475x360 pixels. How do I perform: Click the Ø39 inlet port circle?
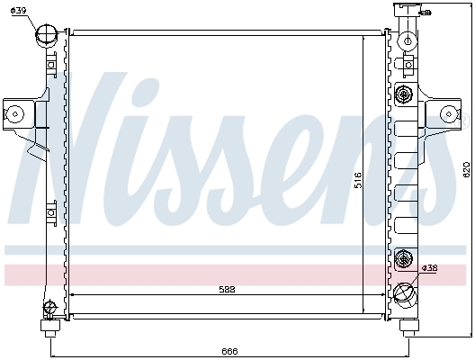(x=47, y=37)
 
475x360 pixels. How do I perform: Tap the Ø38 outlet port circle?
(x=405, y=293)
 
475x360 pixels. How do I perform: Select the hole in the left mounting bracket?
(x=15, y=113)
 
